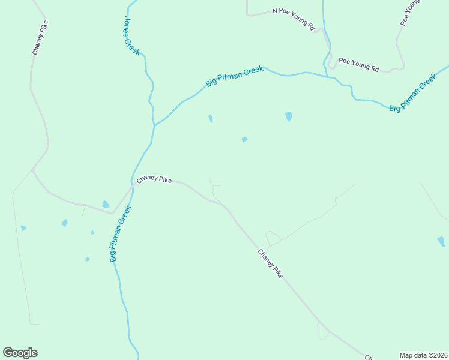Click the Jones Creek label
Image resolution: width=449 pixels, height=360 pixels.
pos(131,35)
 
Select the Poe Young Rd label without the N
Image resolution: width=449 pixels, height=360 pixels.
pos(358,65)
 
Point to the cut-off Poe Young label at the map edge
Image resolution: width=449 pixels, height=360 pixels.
pos(412,12)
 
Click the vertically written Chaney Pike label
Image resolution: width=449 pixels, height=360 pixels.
pos(40,38)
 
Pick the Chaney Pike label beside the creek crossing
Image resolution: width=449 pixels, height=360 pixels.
pos(154,179)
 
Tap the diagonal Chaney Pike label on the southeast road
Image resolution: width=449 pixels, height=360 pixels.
pos(270,263)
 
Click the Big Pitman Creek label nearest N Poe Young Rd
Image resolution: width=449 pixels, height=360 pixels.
pos(235,77)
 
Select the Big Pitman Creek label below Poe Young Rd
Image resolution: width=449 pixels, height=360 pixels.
pos(412,94)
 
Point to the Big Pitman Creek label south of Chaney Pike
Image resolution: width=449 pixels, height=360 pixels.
pos(121,234)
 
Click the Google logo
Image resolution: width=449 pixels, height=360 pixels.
pos(20,353)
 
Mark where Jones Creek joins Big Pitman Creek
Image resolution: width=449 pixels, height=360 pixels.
pos(154,125)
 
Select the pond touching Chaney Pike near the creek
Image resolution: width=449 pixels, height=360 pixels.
pos(106,205)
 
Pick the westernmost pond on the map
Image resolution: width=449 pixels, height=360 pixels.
pos(23,228)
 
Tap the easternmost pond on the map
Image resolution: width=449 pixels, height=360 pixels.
pos(441,242)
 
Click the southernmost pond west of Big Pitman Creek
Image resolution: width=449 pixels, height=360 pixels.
pos(87,259)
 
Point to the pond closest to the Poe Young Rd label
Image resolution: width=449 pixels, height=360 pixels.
pos(289,116)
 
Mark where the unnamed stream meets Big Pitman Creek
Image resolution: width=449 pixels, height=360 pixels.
pos(326,76)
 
